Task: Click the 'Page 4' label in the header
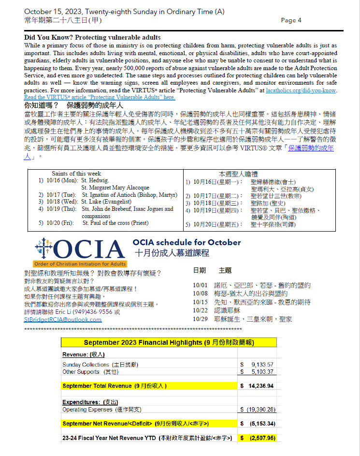291,20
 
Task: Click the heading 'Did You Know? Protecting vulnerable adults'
92,37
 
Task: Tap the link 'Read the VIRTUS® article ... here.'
100,97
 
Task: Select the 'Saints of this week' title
76,173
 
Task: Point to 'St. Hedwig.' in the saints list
95,180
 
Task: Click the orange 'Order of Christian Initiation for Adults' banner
80,264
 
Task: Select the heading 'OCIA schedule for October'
187,242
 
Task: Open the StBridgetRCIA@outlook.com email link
63,319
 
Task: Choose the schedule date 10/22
199,310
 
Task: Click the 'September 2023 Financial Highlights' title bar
169,342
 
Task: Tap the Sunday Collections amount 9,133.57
262,365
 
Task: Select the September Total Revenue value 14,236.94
261,386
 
